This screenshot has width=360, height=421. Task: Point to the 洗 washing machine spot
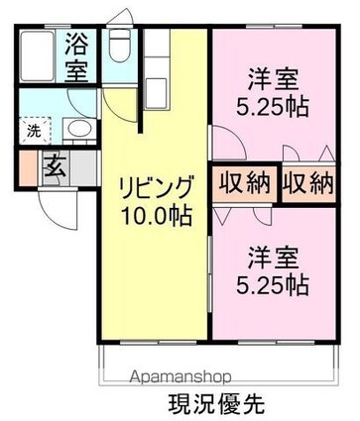pos(33,129)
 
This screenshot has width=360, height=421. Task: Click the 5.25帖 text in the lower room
pos(272,286)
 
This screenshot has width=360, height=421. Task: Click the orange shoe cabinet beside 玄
pos(27,166)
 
